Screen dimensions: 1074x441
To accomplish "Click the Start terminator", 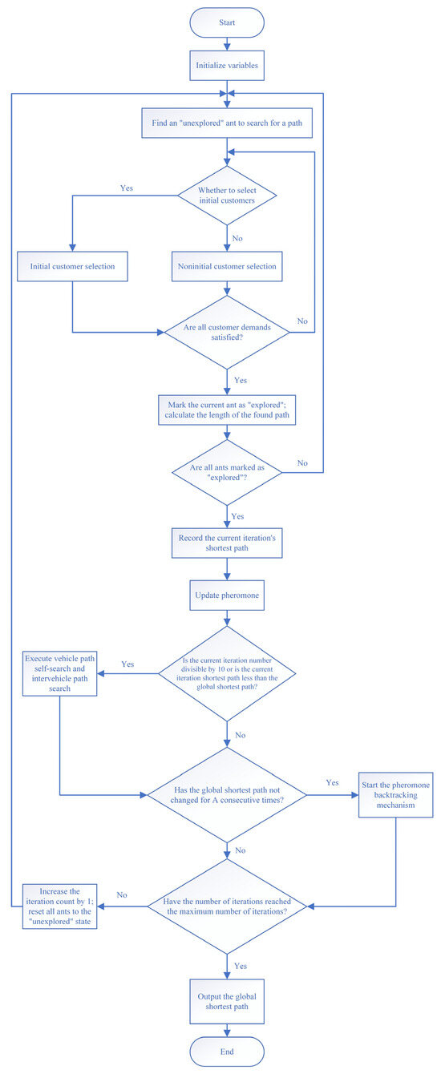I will coord(228,23).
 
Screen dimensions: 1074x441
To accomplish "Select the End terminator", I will coord(228,1050).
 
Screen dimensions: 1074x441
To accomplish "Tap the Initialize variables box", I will coord(228,67).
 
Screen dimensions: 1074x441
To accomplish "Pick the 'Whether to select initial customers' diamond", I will coord(228,194).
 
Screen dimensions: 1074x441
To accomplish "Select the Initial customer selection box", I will coord(72,266).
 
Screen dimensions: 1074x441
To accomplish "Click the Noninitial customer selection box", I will coord(228,266).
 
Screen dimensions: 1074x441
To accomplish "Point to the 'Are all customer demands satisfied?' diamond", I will coord(228,330).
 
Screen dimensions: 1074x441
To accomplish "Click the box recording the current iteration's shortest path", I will coord(228,543).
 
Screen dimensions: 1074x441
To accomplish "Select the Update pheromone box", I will coord(228,597).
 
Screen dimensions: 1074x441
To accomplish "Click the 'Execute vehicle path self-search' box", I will coord(60,673).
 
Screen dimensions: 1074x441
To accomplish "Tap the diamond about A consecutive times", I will coord(228,794).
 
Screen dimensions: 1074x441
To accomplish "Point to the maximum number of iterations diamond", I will coord(228,905).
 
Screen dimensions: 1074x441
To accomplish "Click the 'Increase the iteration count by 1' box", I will coord(60,905).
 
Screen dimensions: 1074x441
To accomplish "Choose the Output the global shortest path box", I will coord(228,995).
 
